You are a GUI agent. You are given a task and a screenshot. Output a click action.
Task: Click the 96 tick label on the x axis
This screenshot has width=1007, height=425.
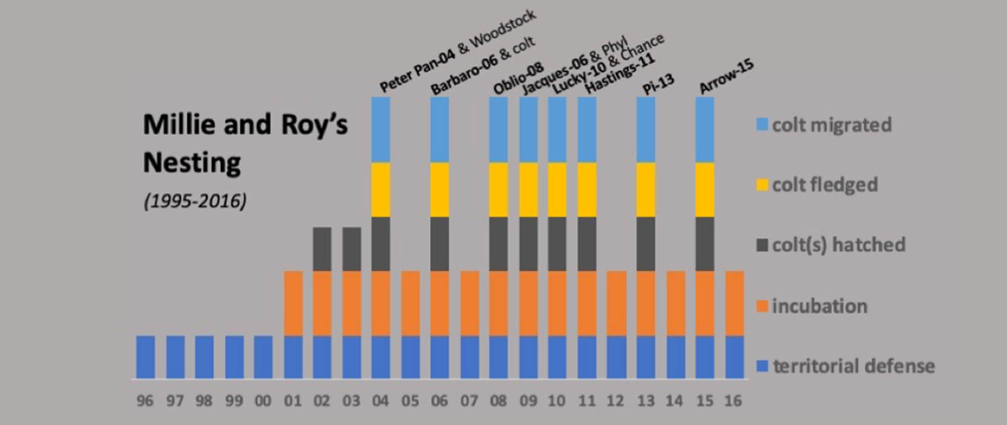pos(145,401)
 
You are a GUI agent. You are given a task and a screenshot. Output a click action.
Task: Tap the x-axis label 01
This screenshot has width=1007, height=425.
pos(292,401)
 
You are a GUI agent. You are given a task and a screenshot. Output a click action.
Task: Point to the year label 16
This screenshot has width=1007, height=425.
pos(733,401)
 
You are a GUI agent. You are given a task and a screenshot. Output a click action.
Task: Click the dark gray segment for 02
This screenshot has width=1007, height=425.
pos(322,249)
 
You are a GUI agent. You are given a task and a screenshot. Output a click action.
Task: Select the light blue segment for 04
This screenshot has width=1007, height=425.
pos(380,129)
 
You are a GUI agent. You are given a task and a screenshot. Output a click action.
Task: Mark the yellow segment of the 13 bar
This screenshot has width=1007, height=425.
pos(645,189)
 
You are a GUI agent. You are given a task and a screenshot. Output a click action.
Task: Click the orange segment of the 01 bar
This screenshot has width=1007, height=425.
pos(293,303)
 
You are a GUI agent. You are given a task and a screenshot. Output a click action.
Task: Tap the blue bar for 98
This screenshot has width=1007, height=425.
pos(204,357)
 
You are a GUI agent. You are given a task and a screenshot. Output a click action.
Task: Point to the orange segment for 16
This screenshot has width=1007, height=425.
pos(734,303)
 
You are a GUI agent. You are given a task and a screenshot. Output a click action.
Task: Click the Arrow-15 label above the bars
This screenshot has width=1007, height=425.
pos(726,77)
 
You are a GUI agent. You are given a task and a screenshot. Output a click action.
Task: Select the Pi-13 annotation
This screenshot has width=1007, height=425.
pos(659,85)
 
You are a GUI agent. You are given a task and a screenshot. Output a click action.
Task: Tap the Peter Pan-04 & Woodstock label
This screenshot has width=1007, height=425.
pos(458,50)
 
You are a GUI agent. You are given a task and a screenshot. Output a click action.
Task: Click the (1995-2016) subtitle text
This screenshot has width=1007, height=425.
pos(195,201)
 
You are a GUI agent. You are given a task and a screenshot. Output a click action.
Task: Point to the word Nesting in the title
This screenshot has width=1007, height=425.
pos(192,163)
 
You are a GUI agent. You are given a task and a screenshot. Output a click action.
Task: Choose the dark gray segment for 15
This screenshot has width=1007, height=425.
pos(704,243)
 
